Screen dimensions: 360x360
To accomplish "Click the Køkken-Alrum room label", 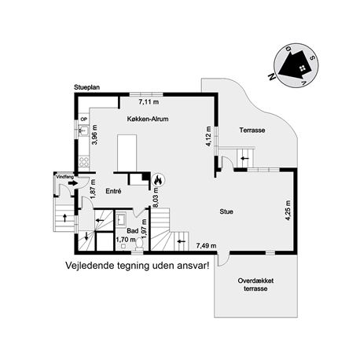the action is pos(148,119).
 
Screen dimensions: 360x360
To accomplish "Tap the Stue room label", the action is pos(226,211).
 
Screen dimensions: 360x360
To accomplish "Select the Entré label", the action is pos(113,191).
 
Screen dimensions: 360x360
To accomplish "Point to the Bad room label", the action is pos(133,231).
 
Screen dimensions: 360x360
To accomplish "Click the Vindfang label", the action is pos(64,177).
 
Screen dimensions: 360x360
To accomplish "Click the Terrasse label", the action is pos(252,130).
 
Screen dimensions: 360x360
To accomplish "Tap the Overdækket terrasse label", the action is pos(255,285).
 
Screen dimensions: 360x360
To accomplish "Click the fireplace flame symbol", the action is pos(158,180).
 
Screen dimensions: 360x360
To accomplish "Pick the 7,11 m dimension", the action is pos(149,102).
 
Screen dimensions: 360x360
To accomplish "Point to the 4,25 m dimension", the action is pos(288,211).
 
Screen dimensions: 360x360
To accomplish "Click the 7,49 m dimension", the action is pos(207,245).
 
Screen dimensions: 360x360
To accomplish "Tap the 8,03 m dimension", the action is pos(156,197).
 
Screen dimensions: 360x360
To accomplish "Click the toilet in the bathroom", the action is pos(139,243).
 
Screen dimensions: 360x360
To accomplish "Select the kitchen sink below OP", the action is pos(83,130).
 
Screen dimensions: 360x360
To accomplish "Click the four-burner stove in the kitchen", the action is pos(84,161).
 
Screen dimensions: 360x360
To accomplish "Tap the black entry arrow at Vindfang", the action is pos(73,183).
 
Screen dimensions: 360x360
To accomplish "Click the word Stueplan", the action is pos(86,87).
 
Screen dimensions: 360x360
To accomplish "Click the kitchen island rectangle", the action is pos(127,153).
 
